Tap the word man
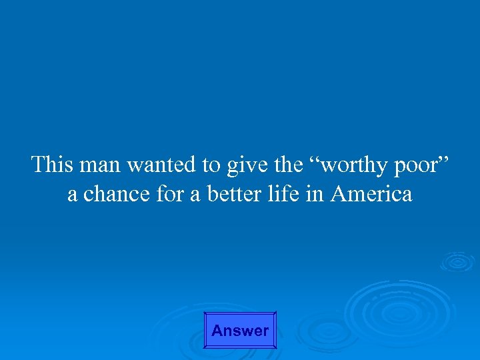[105, 164]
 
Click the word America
[371, 194]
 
